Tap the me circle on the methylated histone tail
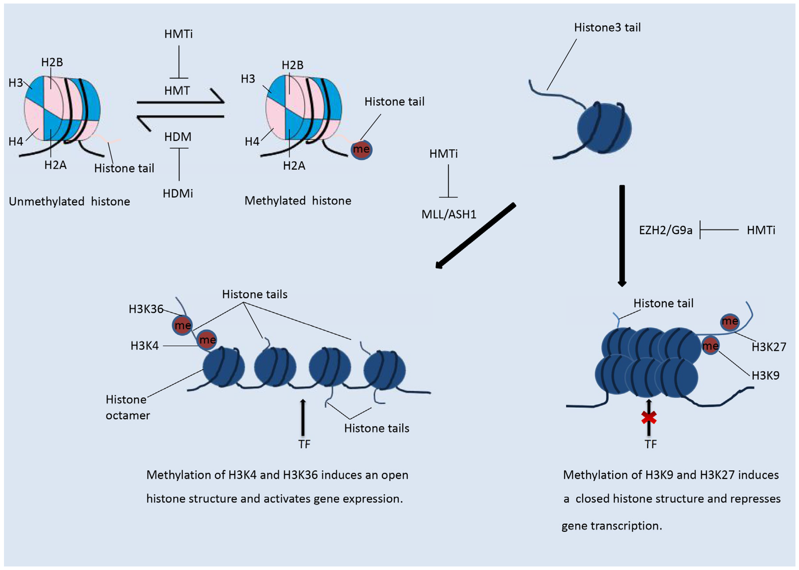click(x=361, y=150)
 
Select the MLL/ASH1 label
click(x=449, y=214)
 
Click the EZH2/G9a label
click(x=665, y=230)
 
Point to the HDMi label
click(x=178, y=193)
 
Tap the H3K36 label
click(x=146, y=309)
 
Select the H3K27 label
click(x=769, y=347)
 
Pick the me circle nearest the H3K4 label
click(x=207, y=339)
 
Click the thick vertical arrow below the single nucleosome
click(x=622, y=235)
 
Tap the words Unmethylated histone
click(x=69, y=201)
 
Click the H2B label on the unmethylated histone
click(x=52, y=62)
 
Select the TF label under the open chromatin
click(x=304, y=444)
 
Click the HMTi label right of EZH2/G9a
click(x=761, y=230)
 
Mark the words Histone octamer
click(x=127, y=407)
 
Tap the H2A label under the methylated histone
click(x=294, y=166)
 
